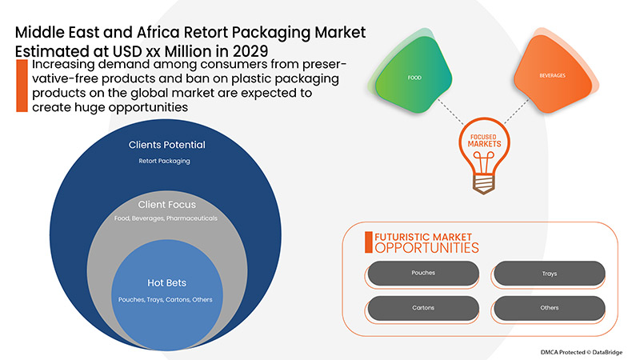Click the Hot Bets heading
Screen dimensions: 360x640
[x=167, y=283]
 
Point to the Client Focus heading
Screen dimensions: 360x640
[x=167, y=204]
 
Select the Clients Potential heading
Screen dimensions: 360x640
[x=167, y=145]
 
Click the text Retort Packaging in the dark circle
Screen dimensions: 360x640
[x=167, y=161]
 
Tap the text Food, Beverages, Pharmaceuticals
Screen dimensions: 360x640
[x=167, y=218]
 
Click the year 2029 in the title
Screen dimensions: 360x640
[x=246, y=49]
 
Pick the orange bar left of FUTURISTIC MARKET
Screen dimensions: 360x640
[x=369, y=242]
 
